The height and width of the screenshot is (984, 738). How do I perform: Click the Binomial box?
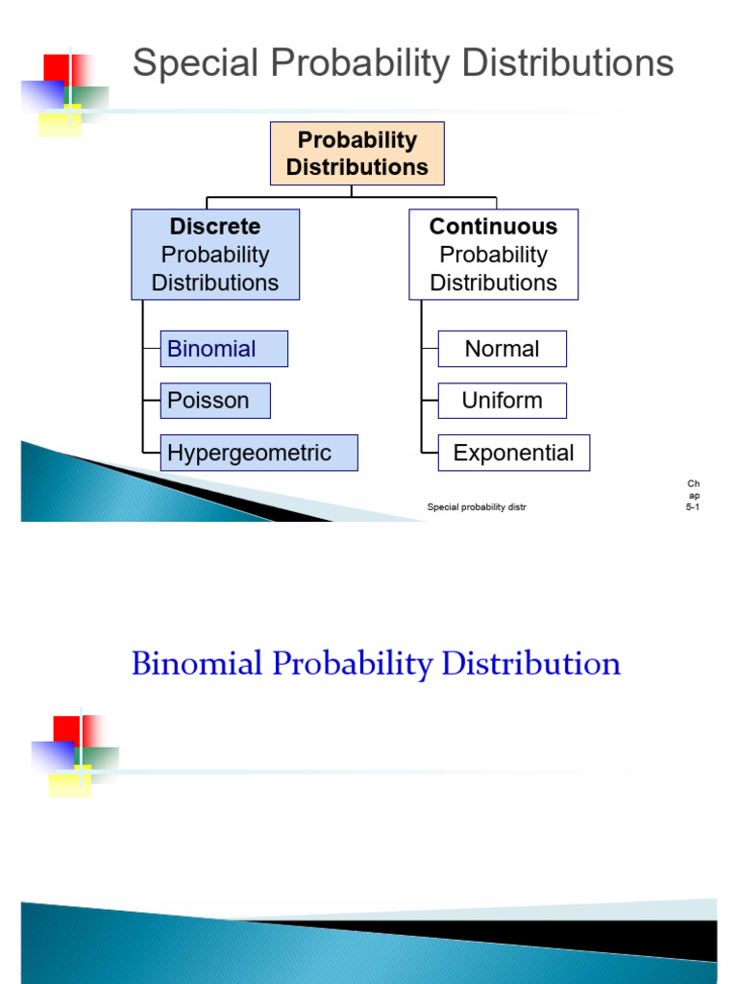224,349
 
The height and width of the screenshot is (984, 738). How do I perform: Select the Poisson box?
215,401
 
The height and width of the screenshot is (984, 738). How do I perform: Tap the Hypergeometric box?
259,453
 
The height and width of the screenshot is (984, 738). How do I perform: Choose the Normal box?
502,349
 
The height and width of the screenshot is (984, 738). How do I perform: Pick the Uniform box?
502,401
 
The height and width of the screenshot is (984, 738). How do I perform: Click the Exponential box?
513,453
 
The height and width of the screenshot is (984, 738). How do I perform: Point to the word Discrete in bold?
215,227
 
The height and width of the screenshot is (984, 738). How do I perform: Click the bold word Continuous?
493,227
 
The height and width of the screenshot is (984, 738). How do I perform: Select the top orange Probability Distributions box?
357,153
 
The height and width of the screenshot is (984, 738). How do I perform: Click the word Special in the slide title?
195,64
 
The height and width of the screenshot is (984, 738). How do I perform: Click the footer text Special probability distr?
477,506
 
